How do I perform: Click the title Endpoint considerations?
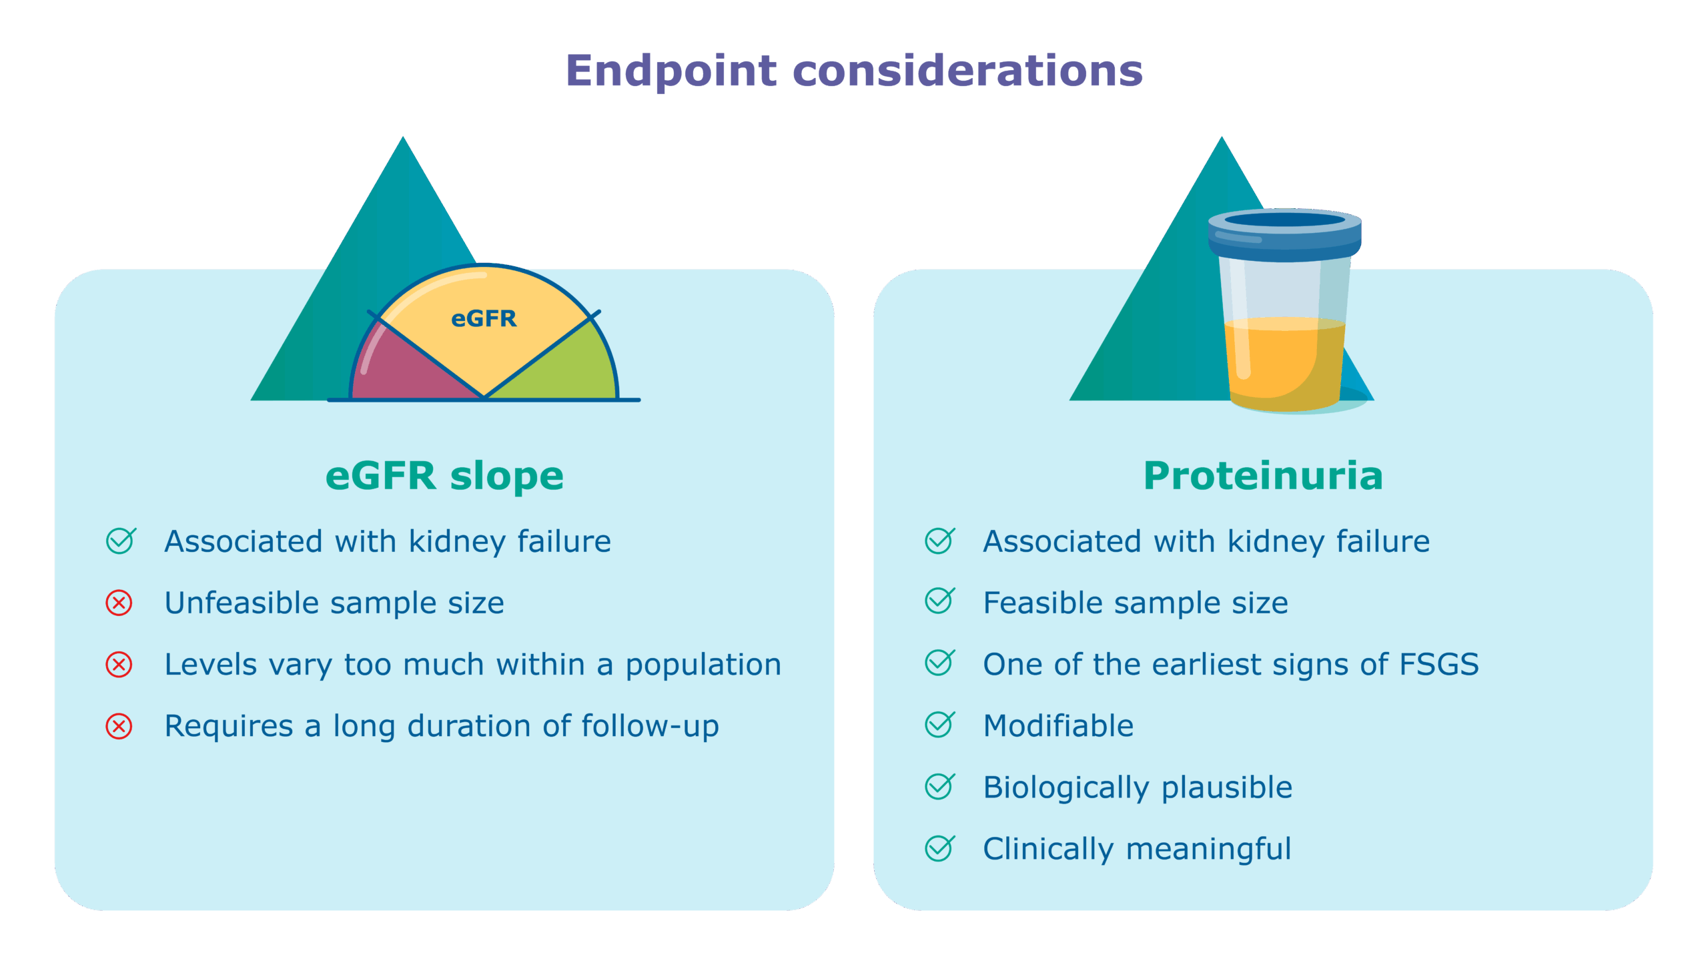(x=854, y=71)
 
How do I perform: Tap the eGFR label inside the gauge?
(x=484, y=319)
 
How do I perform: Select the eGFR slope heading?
(x=444, y=476)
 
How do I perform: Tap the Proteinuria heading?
(x=1263, y=476)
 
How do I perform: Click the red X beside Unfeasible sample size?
(x=119, y=603)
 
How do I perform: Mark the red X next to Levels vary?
(x=119, y=665)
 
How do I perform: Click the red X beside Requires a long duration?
(x=119, y=726)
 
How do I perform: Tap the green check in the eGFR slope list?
(x=120, y=541)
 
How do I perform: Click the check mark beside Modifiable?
(x=939, y=725)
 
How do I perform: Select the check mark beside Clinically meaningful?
(x=939, y=848)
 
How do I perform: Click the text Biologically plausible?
(x=1138, y=787)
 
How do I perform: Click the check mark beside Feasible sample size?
(x=939, y=601)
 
